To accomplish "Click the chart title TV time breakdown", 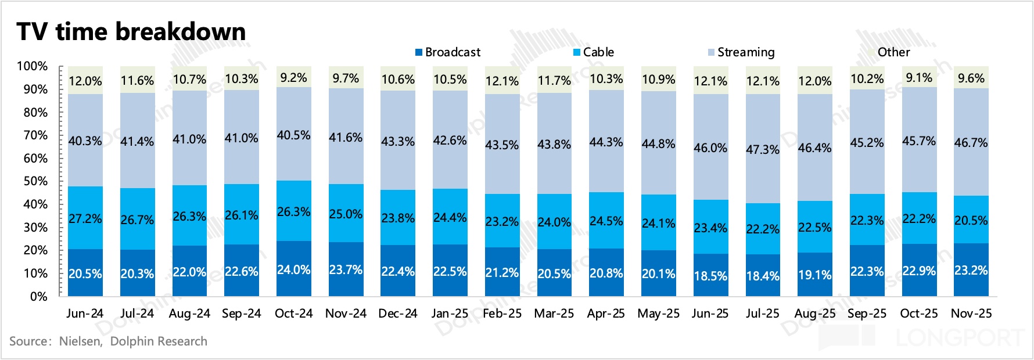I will [x=131, y=31].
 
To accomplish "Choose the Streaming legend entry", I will [x=741, y=52].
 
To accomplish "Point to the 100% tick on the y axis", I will [x=32, y=66].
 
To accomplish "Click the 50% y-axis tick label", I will [x=35, y=181].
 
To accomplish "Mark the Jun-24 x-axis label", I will [x=85, y=314].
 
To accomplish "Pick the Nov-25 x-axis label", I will [x=971, y=314].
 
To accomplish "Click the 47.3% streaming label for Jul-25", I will [x=763, y=149].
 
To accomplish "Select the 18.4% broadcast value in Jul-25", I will [x=763, y=276].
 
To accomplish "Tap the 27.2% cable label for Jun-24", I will [x=85, y=219].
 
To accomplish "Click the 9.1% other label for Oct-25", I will [x=919, y=78].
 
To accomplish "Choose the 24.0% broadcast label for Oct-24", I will [x=293, y=270].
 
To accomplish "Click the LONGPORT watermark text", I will [x=958, y=337].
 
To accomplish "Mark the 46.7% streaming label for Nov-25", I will [x=971, y=142].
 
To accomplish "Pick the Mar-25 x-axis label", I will [x=554, y=314].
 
